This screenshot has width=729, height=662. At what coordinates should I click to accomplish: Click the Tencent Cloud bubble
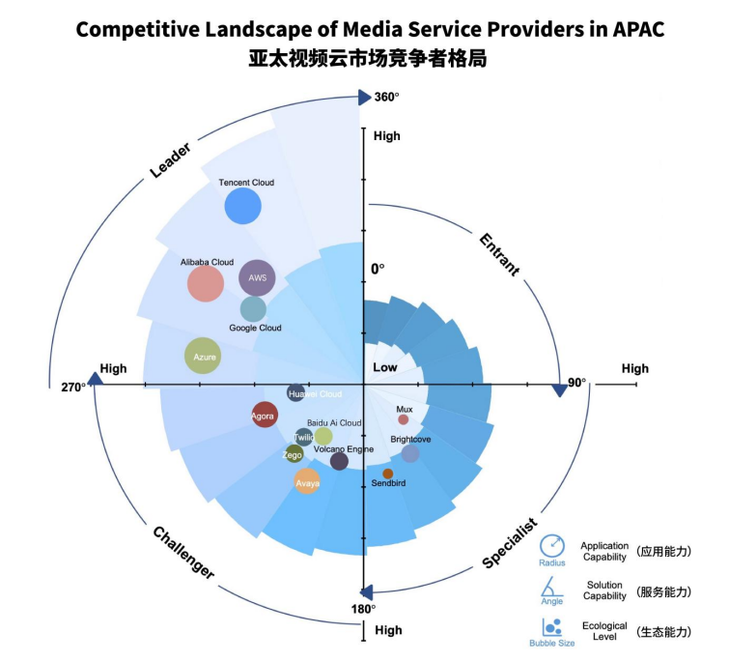242,206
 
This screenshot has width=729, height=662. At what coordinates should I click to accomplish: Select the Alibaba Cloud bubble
206,283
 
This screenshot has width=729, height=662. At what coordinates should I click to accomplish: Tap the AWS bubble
257,278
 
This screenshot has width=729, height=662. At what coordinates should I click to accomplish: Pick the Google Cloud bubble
253,308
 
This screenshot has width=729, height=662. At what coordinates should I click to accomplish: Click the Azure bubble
204,356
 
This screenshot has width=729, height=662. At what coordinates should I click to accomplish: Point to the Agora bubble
264,416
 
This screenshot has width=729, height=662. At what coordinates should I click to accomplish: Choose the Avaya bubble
307,480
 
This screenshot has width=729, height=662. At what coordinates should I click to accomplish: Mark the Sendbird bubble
388,474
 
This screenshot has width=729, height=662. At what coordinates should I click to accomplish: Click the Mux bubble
404,419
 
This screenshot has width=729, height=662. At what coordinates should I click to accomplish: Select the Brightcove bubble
410,453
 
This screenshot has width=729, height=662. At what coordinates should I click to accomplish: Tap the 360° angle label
386,97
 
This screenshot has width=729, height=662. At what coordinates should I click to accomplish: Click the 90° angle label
576,383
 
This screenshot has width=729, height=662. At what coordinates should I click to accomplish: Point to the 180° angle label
363,609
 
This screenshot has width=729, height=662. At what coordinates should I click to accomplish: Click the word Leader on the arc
170,161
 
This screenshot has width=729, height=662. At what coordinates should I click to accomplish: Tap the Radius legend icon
552,547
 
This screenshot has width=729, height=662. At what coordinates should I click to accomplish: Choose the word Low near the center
384,368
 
